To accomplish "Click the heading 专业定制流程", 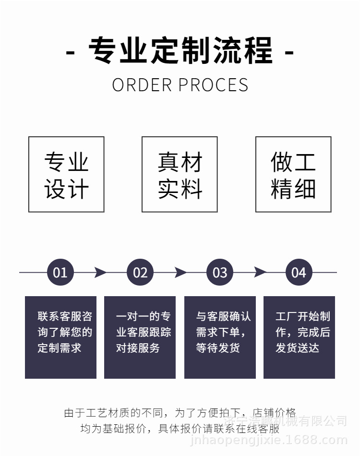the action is [x=180, y=50].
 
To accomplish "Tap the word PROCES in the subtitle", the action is [x=213, y=85].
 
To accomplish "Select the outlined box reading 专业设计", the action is [x=66, y=175].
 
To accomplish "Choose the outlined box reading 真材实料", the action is [x=180, y=175].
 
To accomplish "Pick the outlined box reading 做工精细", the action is [x=293, y=175].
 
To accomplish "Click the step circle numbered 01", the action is [x=60, y=273].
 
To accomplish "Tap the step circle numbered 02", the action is [x=140, y=273].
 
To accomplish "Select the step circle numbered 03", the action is [x=220, y=273].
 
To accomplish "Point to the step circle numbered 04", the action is [x=299, y=273].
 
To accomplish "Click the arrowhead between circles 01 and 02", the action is [x=100, y=273].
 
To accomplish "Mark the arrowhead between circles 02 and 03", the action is [x=180, y=273].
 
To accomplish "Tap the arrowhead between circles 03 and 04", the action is [x=260, y=273].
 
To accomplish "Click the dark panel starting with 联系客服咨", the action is [x=60, y=337].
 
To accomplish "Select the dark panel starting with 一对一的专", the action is [x=140, y=337].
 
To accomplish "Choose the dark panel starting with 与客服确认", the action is [x=220, y=337].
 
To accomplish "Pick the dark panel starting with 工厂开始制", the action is [x=299, y=337].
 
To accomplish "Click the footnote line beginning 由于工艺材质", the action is [x=180, y=413].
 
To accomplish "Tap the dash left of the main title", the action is [x=70, y=51].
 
